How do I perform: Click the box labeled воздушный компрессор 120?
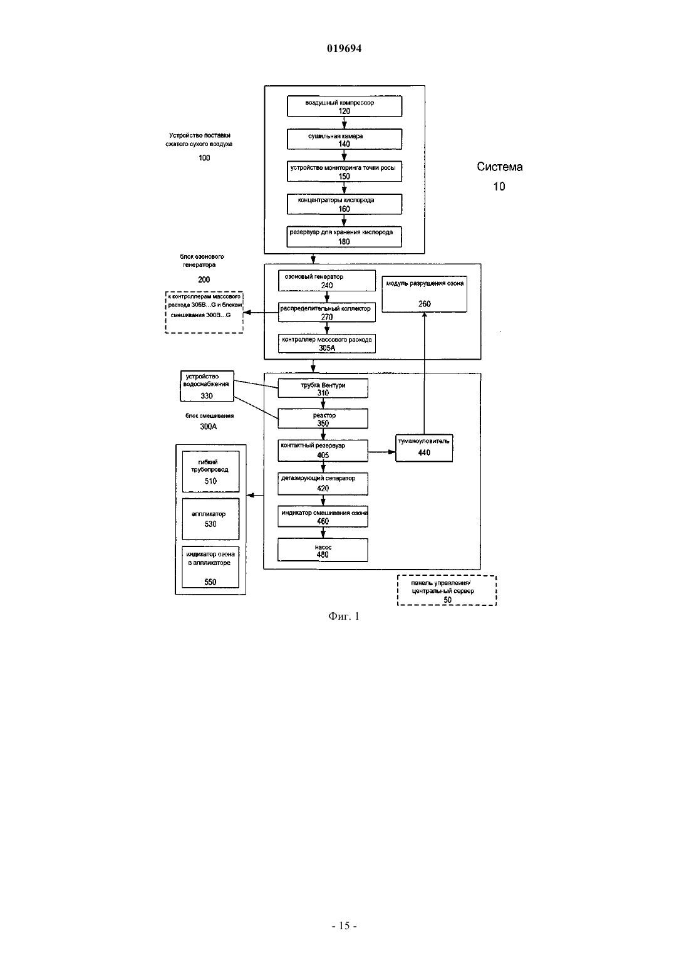[x=344, y=106]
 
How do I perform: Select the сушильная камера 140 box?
[x=344, y=139]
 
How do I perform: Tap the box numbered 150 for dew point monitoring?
[x=344, y=172]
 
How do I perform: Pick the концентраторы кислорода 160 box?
[x=344, y=204]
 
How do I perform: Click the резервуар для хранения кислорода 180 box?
[x=344, y=237]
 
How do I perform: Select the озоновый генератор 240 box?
[x=327, y=281]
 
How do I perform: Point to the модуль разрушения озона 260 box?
[x=425, y=294]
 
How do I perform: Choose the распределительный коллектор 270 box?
[x=327, y=313]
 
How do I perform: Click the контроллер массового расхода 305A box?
[x=327, y=343]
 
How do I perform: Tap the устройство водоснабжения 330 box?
[x=207, y=385]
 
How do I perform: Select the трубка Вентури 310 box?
[x=323, y=388]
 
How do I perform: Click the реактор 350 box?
[x=323, y=419]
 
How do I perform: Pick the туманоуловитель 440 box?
[x=424, y=448]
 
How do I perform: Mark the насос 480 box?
[x=323, y=550]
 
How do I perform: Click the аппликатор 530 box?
[x=210, y=519]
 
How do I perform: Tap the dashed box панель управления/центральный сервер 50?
[x=447, y=590]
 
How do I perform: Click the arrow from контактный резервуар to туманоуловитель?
[x=381, y=452]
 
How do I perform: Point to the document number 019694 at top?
[x=344, y=48]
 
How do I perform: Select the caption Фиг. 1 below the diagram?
[x=344, y=616]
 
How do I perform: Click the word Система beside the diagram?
[x=499, y=167]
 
